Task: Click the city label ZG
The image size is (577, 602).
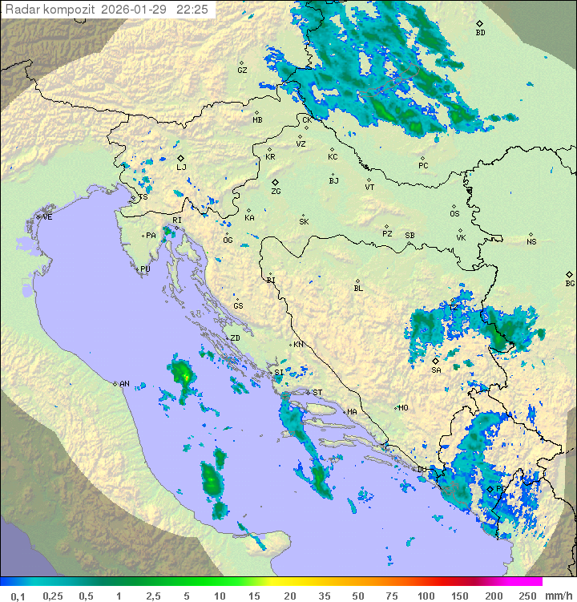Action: (276, 192)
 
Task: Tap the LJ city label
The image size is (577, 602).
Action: (181, 167)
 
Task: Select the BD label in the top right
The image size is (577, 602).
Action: (480, 33)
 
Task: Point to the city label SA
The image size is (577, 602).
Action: (436, 370)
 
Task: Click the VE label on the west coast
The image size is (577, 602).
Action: (47, 217)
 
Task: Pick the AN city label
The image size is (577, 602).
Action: (124, 384)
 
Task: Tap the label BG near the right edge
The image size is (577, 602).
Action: (570, 283)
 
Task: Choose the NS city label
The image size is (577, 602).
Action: (531, 241)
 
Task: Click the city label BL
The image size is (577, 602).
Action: (358, 288)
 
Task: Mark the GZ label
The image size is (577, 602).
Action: (242, 70)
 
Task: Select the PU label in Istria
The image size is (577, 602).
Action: (145, 269)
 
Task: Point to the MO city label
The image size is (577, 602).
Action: (403, 407)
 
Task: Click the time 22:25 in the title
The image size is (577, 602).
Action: (193, 10)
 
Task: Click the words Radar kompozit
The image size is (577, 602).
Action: (50, 10)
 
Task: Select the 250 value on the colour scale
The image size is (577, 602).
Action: (527, 596)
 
